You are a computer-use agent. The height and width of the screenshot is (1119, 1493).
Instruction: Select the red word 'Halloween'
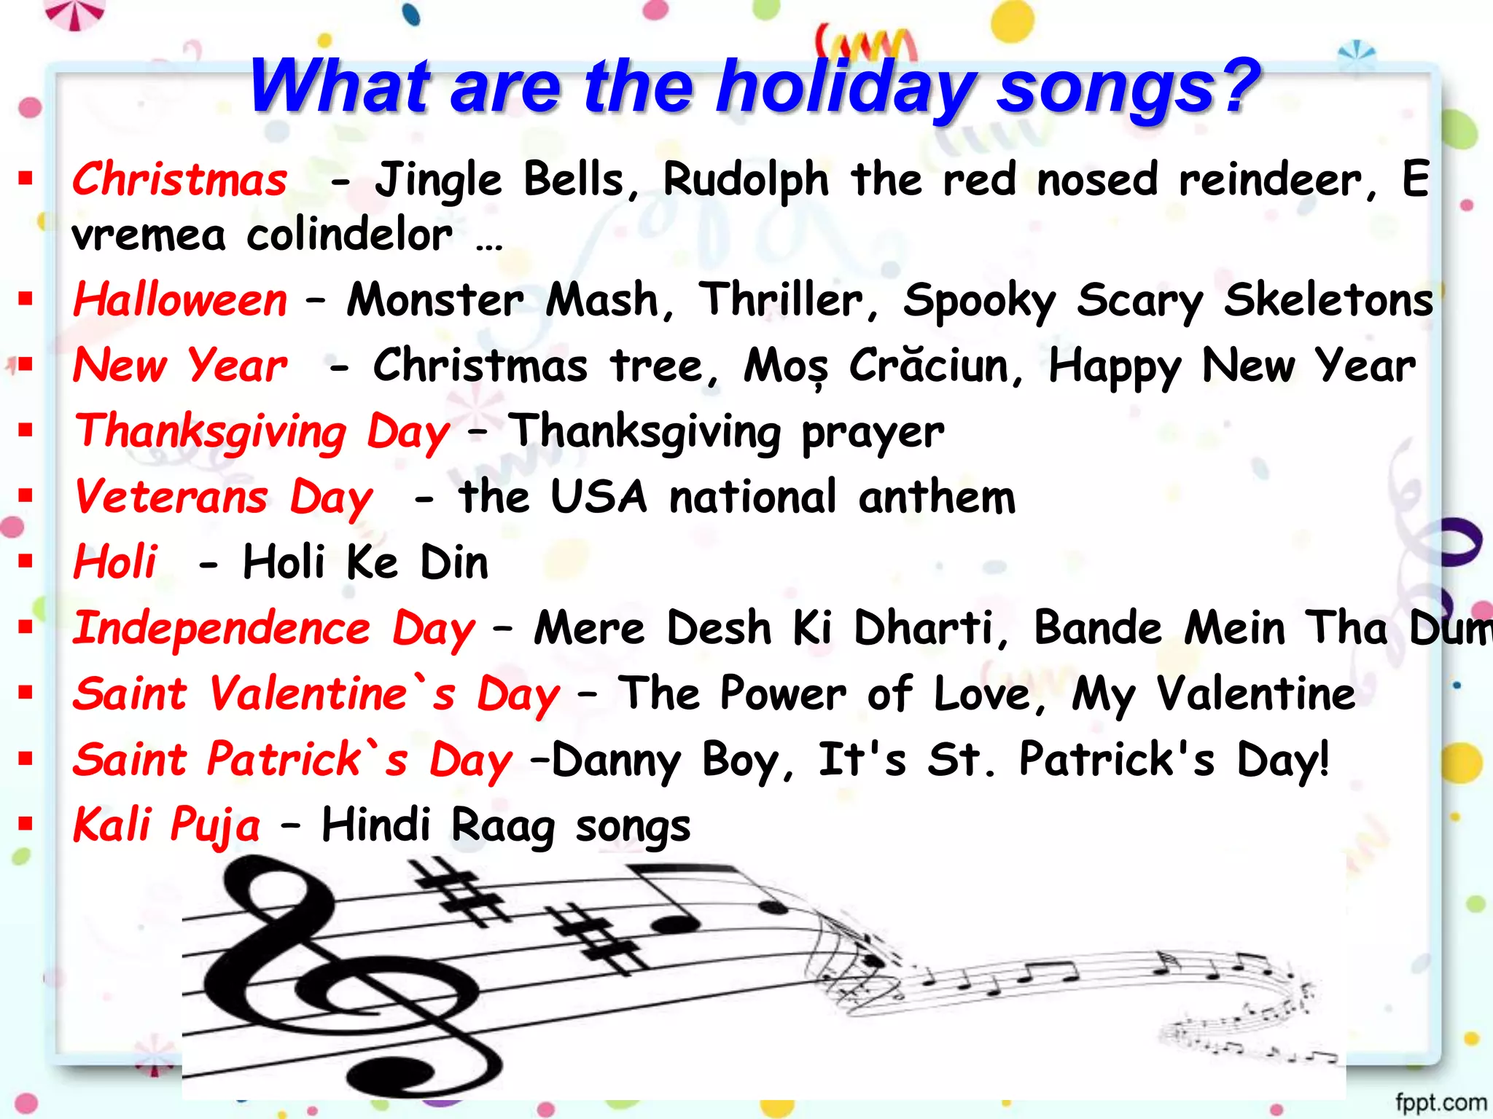(181, 300)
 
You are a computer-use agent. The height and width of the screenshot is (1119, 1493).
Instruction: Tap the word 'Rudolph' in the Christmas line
(746, 181)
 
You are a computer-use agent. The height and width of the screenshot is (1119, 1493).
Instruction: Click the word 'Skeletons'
(1328, 300)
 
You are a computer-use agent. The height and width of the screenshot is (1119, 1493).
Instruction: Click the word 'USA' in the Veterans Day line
(599, 498)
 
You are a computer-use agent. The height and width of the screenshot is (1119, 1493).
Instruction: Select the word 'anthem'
(937, 498)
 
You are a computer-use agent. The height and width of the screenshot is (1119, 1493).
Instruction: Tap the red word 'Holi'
(115, 562)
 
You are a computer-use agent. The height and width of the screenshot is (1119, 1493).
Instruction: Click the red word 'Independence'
(222, 629)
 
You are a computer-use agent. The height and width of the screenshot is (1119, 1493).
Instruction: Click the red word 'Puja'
(214, 826)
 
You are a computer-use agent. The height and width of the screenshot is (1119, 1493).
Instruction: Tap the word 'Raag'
(502, 826)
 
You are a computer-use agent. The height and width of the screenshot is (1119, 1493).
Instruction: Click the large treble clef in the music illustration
(335, 976)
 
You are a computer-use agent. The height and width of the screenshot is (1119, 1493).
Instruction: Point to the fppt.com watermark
(1441, 1102)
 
